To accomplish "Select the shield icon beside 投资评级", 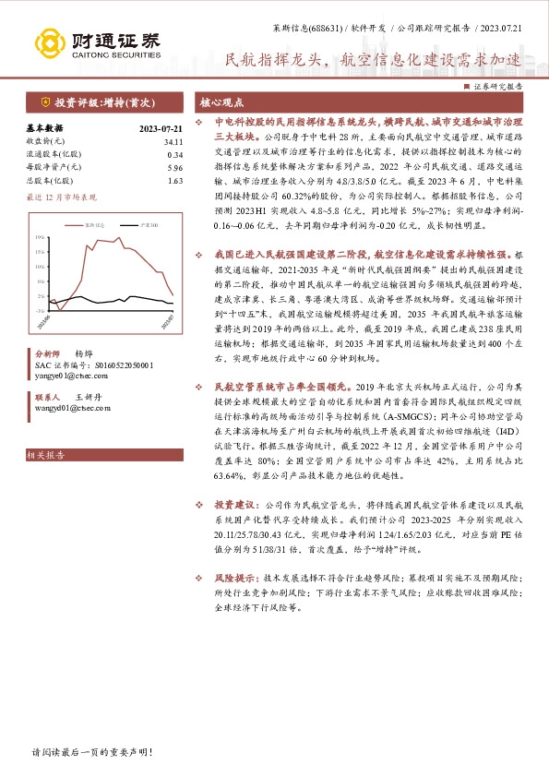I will point(42,102).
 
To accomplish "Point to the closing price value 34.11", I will point(173,141).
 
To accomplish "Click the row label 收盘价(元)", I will point(45,141).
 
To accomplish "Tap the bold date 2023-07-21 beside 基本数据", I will point(161,128).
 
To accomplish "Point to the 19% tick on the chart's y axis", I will point(40,236).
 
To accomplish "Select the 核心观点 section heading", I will point(222,102).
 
